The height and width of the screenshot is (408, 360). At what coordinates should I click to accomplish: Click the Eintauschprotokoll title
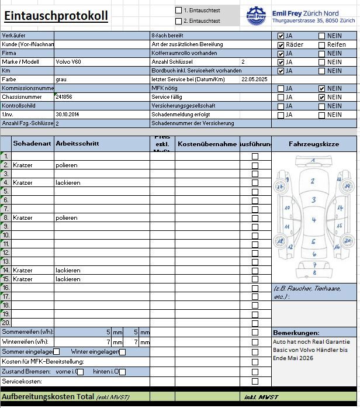[56, 16]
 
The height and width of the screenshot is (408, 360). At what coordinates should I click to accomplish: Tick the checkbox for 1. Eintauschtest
[179, 11]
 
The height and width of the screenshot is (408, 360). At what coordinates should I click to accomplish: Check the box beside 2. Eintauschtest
[179, 21]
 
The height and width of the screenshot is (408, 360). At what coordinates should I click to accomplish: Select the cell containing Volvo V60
[68, 61]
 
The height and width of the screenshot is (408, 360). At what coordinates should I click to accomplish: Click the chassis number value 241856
[64, 97]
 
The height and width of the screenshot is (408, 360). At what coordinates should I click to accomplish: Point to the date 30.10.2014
[67, 115]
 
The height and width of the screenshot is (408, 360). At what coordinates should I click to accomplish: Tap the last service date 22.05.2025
[254, 79]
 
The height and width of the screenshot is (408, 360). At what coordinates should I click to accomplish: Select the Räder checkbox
[281, 44]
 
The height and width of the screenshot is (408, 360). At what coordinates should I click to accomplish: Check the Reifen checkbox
[322, 44]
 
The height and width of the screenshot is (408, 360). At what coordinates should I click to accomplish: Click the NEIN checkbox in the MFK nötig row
[322, 88]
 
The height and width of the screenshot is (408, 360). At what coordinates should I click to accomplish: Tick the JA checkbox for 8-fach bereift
[281, 36]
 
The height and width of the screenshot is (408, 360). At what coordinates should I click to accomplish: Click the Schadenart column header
[32, 143]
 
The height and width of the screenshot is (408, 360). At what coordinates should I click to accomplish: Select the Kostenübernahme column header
[207, 144]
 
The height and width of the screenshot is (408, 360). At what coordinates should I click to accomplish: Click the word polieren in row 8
[67, 217]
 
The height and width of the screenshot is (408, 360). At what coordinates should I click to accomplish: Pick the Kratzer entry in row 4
[23, 182]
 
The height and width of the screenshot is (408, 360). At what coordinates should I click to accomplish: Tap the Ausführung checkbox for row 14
[255, 271]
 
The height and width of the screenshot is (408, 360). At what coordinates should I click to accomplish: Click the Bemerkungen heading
[296, 332]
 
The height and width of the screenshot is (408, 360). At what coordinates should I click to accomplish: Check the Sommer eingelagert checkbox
[57, 352]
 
